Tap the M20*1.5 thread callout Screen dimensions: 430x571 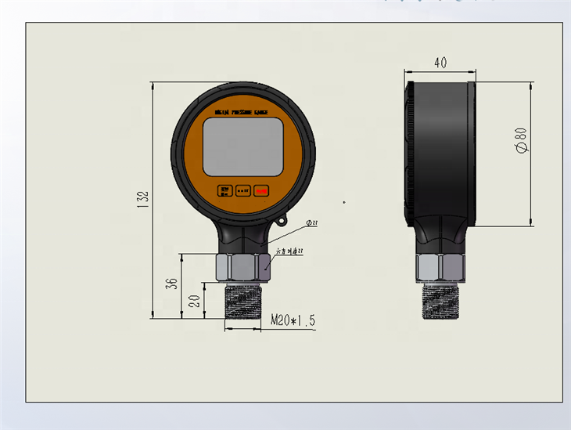pos(293,320)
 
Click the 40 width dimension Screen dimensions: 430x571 pos(441,63)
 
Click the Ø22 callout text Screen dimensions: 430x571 pos(311,223)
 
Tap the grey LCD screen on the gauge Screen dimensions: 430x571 pos(242,147)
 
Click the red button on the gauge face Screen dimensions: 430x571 pos(261,190)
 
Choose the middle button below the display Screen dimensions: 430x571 pos(242,190)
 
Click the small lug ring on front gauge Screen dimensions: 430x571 pos(279,225)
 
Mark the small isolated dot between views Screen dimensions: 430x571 pos(343,202)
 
